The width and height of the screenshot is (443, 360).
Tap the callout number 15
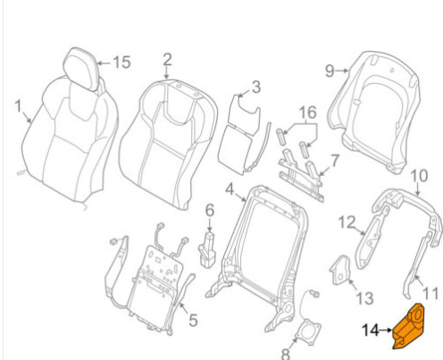(121, 63)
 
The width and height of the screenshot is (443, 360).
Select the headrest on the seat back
(82, 69)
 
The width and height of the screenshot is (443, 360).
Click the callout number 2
(168, 60)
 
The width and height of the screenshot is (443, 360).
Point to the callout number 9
(330, 71)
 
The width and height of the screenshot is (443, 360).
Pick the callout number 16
(308, 113)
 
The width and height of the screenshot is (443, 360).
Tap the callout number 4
(230, 189)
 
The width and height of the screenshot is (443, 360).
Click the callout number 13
(365, 298)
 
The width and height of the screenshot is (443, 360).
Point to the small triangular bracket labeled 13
(340, 270)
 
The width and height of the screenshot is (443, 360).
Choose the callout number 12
(347, 222)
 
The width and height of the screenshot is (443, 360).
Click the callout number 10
(419, 176)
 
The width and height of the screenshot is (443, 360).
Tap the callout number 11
(430, 293)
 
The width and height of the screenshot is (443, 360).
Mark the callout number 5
(193, 320)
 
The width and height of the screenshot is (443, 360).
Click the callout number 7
(335, 161)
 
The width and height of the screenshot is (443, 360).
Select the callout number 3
(256, 87)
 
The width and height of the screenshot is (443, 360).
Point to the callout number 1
(18, 106)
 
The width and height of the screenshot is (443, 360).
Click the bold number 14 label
(370, 331)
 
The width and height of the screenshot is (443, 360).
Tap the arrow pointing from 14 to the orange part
(386, 331)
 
